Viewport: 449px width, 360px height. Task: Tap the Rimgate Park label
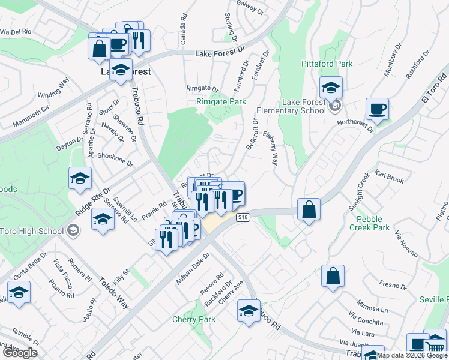(221, 102)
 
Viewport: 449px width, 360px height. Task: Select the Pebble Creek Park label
(373, 223)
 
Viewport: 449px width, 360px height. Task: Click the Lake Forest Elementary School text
(291, 106)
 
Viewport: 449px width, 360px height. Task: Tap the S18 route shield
(243, 217)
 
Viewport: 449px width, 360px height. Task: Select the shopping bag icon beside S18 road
(309, 210)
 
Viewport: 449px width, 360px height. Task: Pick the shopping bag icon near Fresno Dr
(332, 277)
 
